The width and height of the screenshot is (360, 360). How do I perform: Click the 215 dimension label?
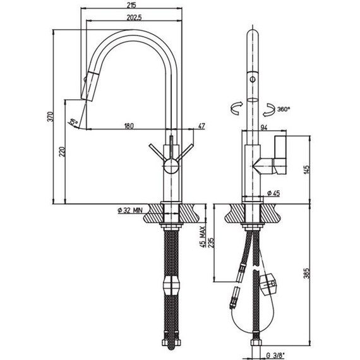(x=131, y=4)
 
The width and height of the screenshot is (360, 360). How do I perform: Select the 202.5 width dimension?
(x=135, y=17)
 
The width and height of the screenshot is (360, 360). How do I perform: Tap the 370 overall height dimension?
(x=51, y=117)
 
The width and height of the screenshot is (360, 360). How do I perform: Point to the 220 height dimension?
(x=63, y=152)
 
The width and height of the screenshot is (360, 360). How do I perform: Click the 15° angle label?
(x=74, y=121)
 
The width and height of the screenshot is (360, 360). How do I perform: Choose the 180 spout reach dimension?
(x=129, y=126)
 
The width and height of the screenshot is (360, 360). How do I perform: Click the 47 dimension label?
(x=201, y=126)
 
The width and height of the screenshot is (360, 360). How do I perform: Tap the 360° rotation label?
(x=284, y=109)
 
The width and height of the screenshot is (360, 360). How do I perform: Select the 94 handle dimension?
(x=264, y=128)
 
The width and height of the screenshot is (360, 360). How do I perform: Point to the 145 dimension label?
(x=307, y=169)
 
